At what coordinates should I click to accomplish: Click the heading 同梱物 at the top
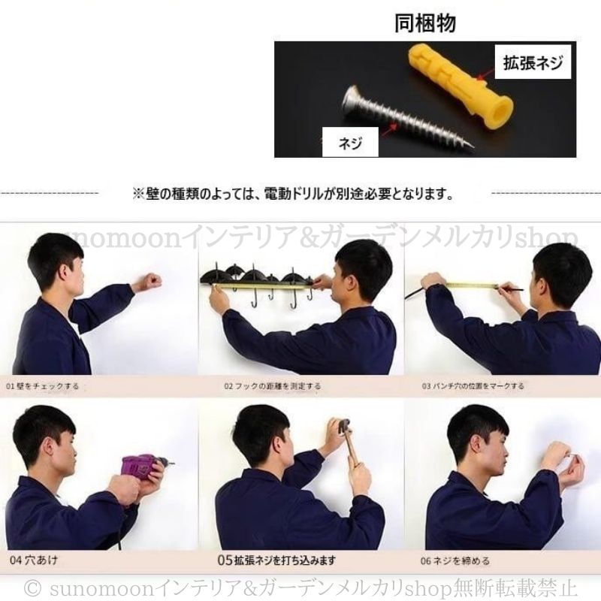[x=425, y=23]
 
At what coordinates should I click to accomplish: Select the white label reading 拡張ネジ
[x=533, y=64]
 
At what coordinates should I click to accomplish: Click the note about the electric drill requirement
[x=293, y=195]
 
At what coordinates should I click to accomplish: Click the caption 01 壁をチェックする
[x=43, y=385]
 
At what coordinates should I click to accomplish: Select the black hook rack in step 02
[x=255, y=279]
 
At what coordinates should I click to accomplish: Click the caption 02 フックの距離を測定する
[x=272, y=385]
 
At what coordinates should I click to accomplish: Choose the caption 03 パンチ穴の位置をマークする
[x=473, y=385]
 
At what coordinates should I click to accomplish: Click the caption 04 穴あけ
[x=34, y=560]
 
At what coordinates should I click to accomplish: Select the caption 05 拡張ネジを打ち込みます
[x=276, y=560]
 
